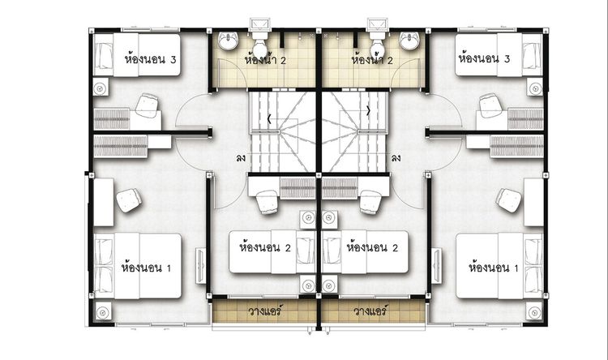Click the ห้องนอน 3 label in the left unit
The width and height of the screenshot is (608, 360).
150,59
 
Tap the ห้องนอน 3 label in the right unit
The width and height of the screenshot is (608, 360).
484,58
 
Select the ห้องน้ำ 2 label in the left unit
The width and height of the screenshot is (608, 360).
265,60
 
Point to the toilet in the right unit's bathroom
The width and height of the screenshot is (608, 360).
377,44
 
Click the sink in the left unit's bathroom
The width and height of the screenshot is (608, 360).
228,41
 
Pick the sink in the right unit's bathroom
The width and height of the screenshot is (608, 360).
409,41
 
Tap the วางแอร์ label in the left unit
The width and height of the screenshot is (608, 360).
265,311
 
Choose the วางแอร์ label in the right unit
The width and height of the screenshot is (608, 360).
370,311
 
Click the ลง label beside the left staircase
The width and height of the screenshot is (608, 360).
241,158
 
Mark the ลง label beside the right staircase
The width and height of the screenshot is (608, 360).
396,158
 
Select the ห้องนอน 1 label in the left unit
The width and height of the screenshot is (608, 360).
146,268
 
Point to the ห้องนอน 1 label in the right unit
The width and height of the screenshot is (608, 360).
493,268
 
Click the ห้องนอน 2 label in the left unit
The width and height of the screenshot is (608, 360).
265,247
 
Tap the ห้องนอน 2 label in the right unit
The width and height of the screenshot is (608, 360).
372,247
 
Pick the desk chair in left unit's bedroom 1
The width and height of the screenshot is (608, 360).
129,200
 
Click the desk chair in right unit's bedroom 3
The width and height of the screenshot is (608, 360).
490,105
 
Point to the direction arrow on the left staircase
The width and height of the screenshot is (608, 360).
269,119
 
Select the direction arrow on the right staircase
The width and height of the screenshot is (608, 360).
368,111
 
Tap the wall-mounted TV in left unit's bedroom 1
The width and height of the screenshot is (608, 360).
201,265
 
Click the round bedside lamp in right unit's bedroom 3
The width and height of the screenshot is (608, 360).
535,89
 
